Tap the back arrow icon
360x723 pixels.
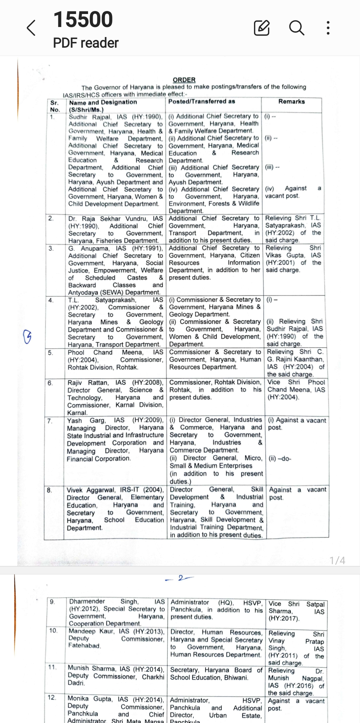click(31, 28)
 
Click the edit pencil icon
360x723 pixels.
click(262, 28)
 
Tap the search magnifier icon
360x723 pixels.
click(296, 28)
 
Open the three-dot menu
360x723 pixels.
click(328, 28)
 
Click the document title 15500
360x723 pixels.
click(83, 19)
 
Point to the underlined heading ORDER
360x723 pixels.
click(184, 80)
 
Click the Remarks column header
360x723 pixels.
click(291, 102)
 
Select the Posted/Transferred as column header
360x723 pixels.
click(202, 101)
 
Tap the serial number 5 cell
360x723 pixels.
click(50, 353)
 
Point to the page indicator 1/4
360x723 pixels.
click(337, 560)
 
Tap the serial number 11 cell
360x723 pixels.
click(52, 667)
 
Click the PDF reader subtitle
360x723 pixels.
click(86, 43)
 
